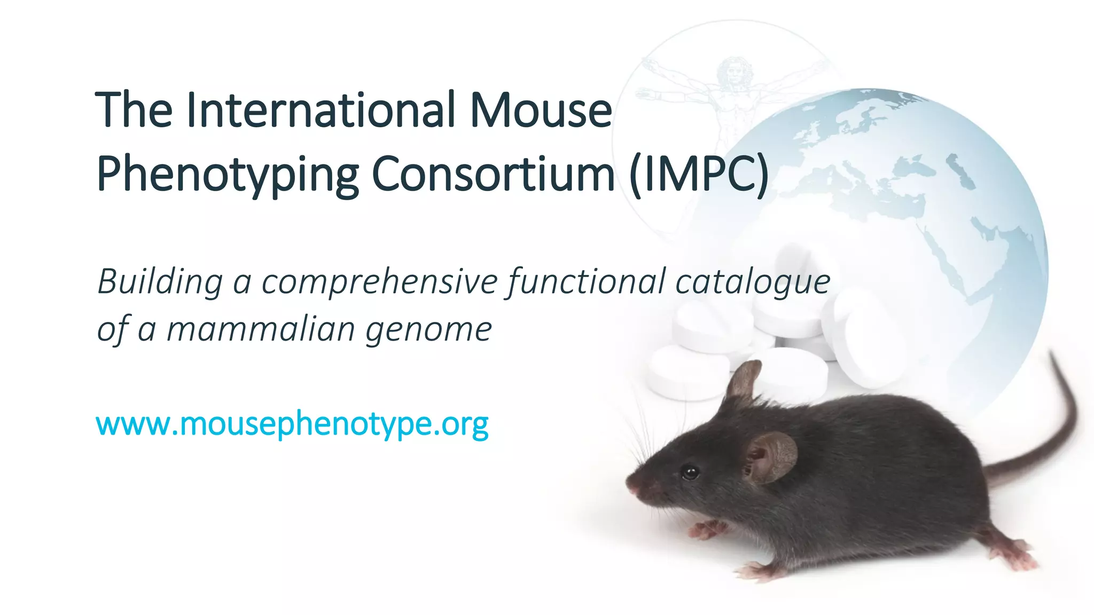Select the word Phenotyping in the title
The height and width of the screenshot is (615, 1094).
227,174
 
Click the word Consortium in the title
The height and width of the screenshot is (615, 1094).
493,174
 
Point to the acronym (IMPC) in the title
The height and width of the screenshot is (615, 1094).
699,174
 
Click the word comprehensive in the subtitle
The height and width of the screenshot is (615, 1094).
379,281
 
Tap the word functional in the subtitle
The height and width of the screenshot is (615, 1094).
587,281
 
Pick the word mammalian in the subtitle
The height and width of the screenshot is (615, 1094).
261,329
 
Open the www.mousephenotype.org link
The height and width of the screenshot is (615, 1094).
292,424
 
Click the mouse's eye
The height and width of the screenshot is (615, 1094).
690,472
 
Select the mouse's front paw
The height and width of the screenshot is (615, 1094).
708,529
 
